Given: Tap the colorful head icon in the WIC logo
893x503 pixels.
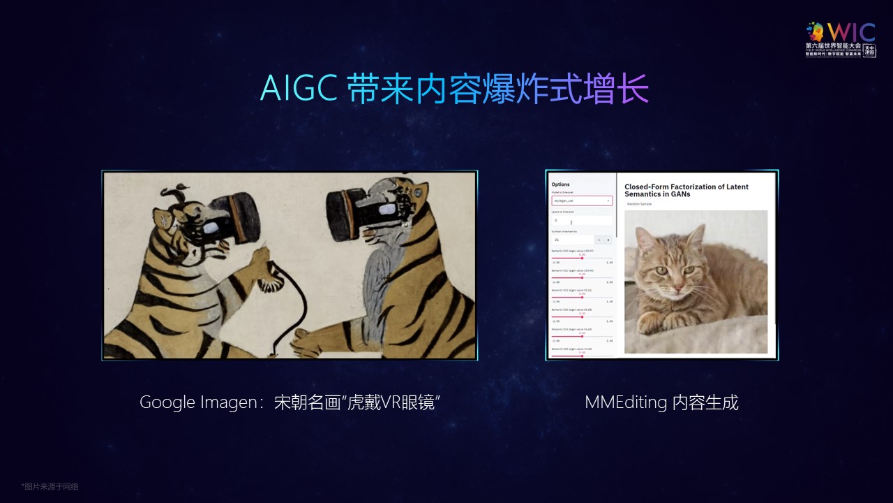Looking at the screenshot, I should [x=816, y=31].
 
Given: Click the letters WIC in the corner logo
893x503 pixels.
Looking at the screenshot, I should [x=850, y=31].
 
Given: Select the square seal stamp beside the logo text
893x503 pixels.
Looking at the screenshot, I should [x=869, y=50].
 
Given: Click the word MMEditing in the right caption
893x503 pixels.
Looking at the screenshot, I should [x=626, y=402].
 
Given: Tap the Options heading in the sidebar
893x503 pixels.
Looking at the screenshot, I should [x=560, y=184].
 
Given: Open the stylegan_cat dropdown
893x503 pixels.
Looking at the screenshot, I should [x=581, y=201].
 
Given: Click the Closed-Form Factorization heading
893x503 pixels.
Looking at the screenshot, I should [x=686, y=190].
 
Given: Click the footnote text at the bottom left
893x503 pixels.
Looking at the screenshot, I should [x=50, y=486].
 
